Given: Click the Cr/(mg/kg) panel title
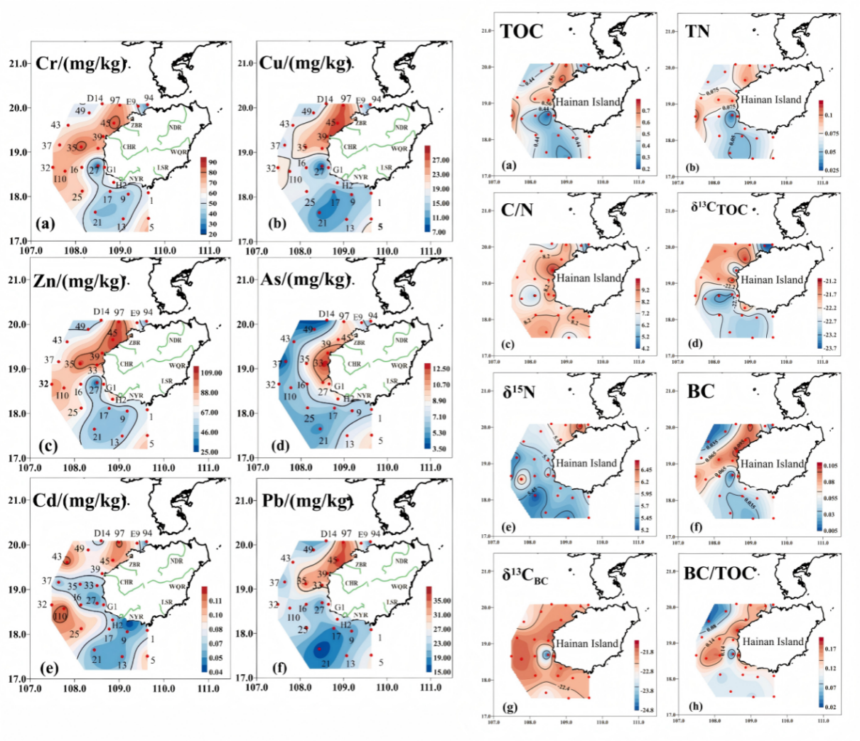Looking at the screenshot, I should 80,62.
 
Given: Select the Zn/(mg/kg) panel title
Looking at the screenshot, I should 80,281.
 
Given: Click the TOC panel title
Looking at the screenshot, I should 521,31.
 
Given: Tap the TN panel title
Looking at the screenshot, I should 697,31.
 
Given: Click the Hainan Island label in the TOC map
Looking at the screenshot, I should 588,102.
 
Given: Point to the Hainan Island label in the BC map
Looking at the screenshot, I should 773,463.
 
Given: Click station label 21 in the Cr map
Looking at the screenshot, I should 97,222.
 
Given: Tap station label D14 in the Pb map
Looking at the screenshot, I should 328,534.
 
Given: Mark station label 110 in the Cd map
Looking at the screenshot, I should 60,617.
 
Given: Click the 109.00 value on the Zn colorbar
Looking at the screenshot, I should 212,373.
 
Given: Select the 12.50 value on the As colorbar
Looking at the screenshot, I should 441,369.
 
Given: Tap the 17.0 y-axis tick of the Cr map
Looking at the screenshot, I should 19,242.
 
